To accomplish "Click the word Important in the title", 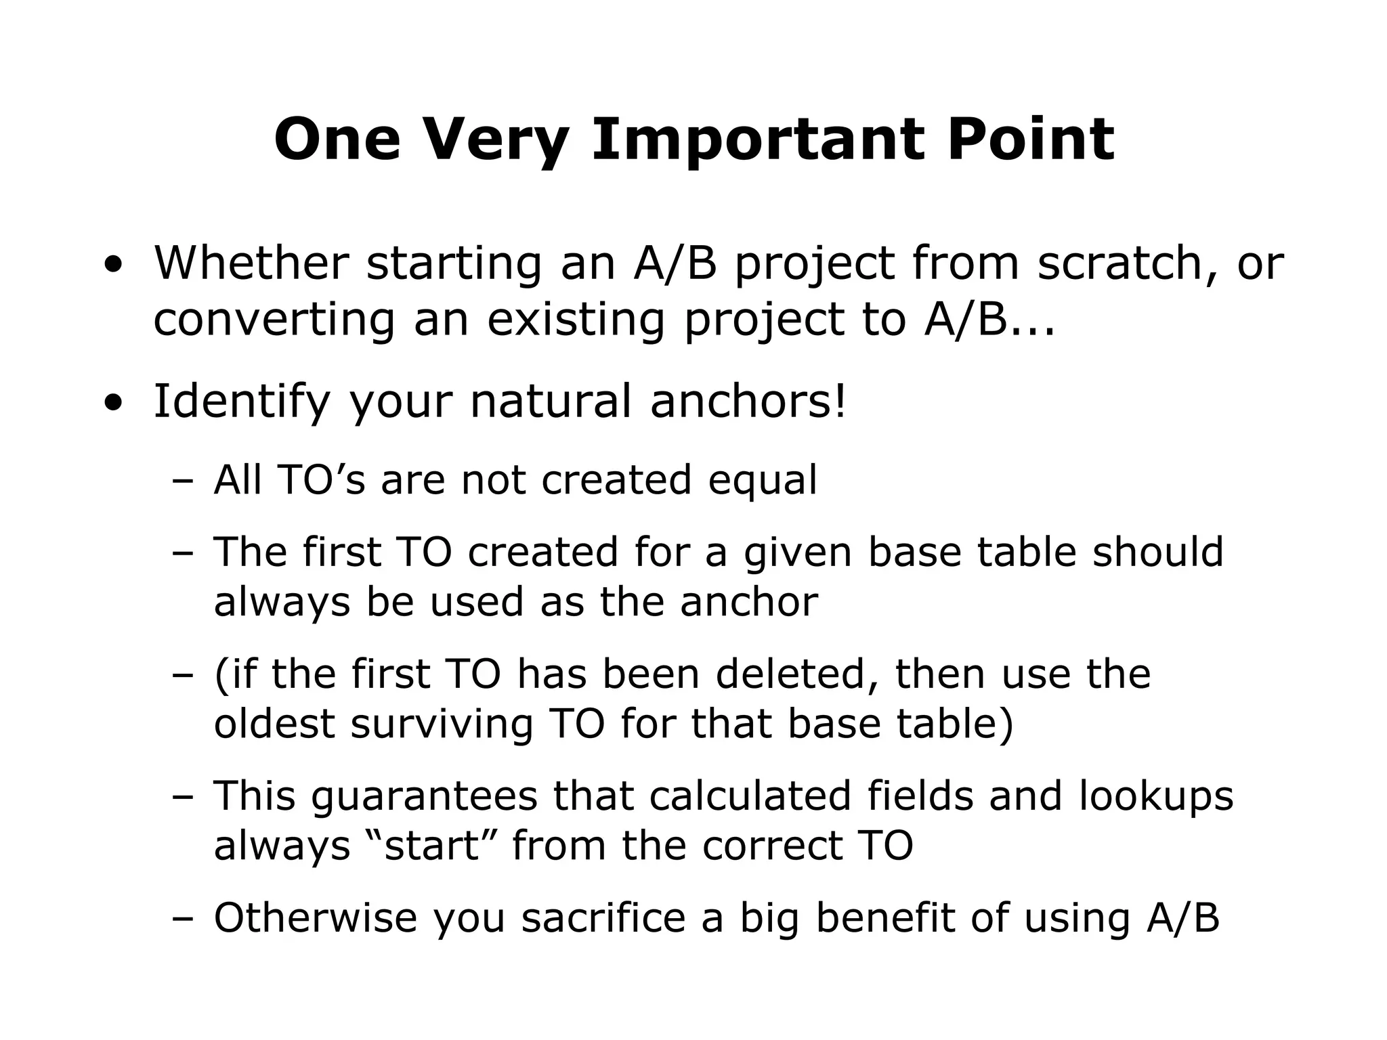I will [x=758, y=140].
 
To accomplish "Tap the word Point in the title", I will [x=1031, y=140].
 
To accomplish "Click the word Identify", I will [x=241, y=401].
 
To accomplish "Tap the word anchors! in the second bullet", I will [x=748, y=401].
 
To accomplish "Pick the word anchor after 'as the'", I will [x=749, y=601].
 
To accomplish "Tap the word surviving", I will [x=442, y=723].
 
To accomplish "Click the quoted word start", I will [x=432, y=846].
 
